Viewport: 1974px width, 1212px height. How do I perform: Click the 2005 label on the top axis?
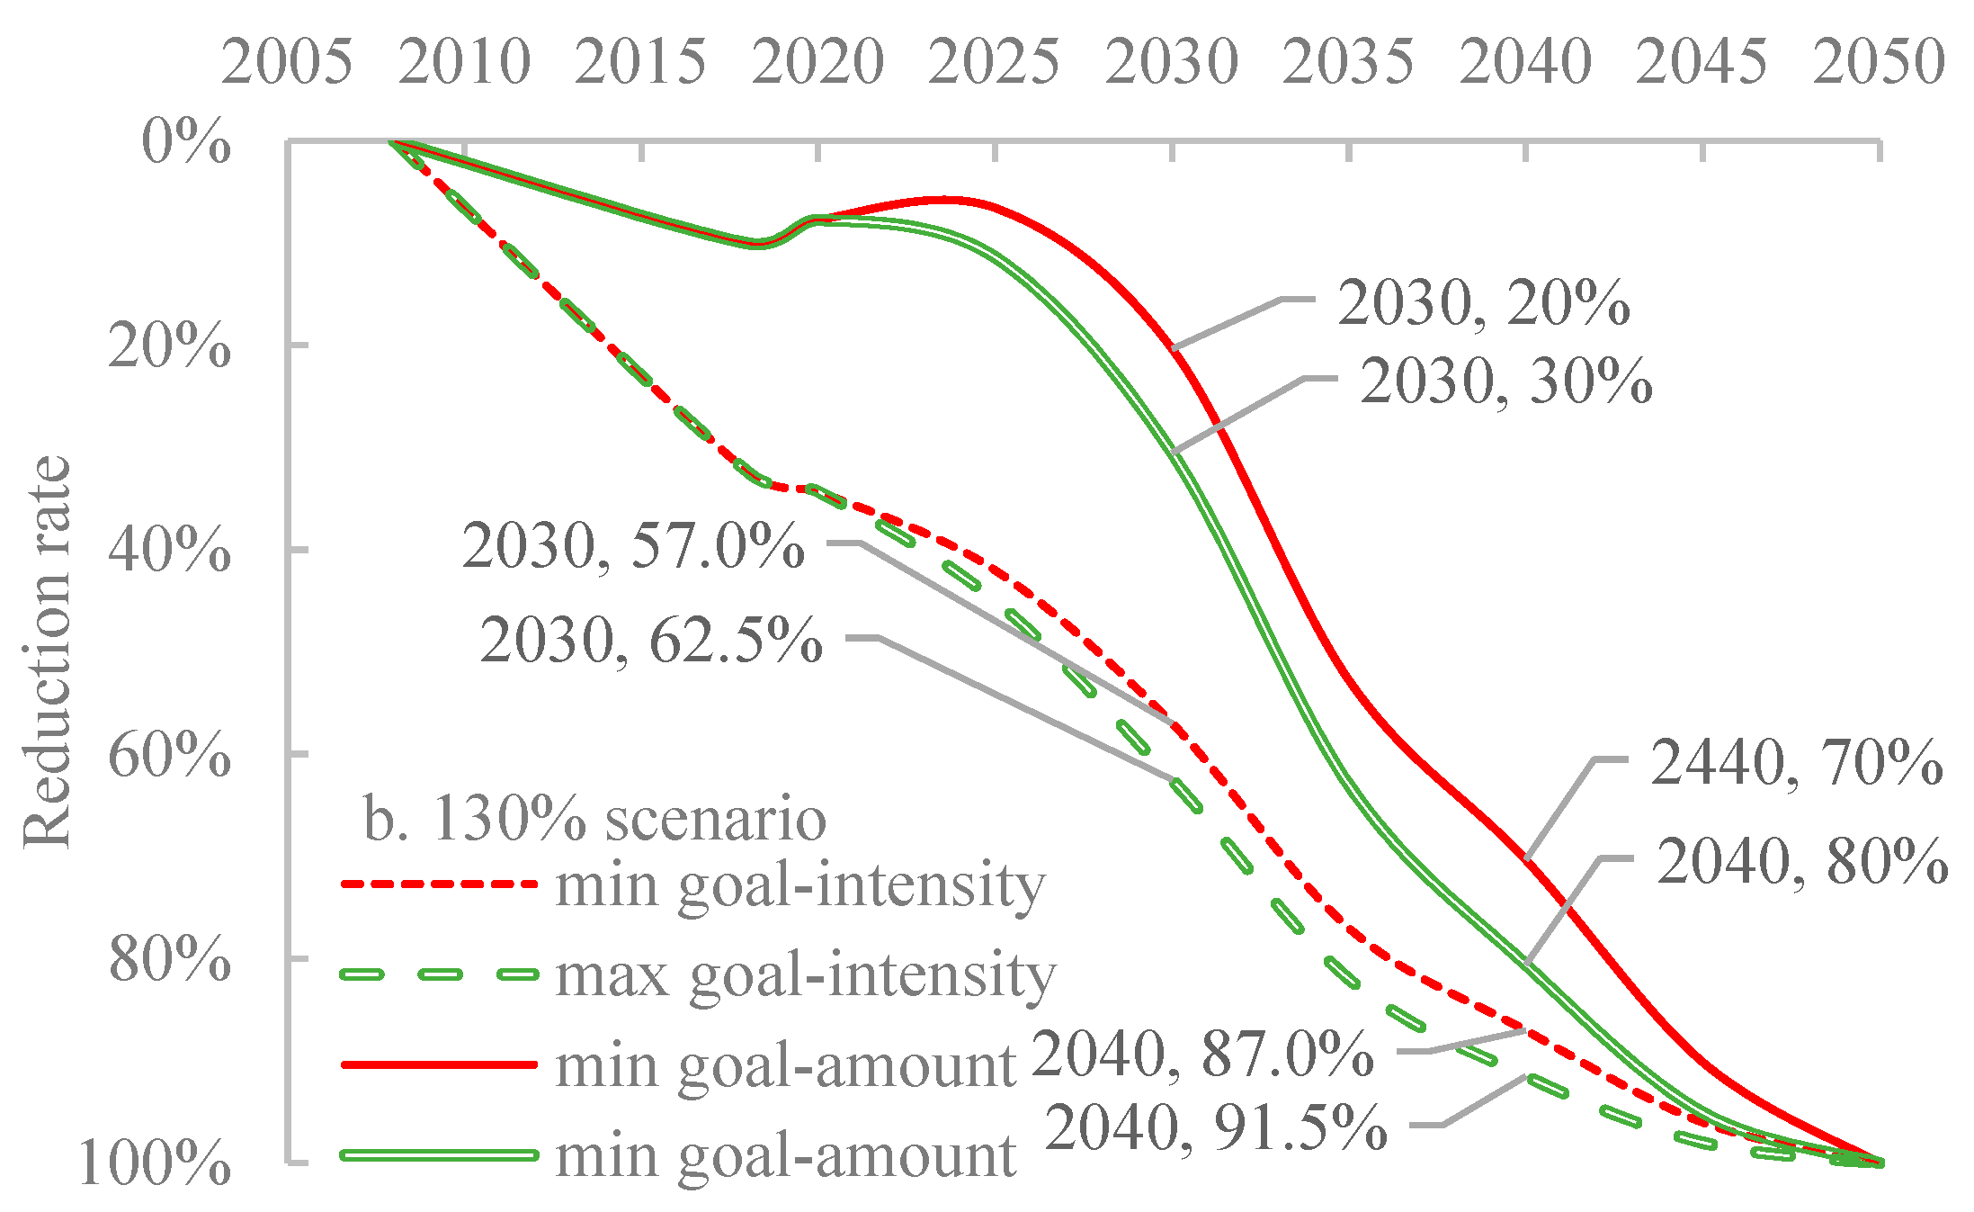(287, 62)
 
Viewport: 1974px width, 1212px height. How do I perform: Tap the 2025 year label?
(994, 62)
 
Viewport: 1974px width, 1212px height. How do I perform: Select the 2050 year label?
(1879, 62)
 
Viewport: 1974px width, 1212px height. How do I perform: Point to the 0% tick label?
(186, 142)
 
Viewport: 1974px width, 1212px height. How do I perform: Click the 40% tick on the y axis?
(169, 550)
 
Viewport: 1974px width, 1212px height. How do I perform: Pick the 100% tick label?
(155, 1164)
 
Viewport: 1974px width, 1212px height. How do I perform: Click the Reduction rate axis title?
(47, 652)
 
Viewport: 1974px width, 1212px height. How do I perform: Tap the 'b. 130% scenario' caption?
(594, 819)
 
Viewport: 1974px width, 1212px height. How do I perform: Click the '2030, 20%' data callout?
(1483, 302)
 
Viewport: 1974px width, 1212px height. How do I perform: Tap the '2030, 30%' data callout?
(1505, 382)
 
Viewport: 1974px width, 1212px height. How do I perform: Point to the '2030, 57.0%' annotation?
(633, 545)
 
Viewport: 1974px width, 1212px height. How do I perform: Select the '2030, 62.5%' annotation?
(651, 641)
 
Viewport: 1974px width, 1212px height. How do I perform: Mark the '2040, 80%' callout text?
(1802, 861)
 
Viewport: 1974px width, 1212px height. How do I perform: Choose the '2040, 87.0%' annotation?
(1202, 1054)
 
